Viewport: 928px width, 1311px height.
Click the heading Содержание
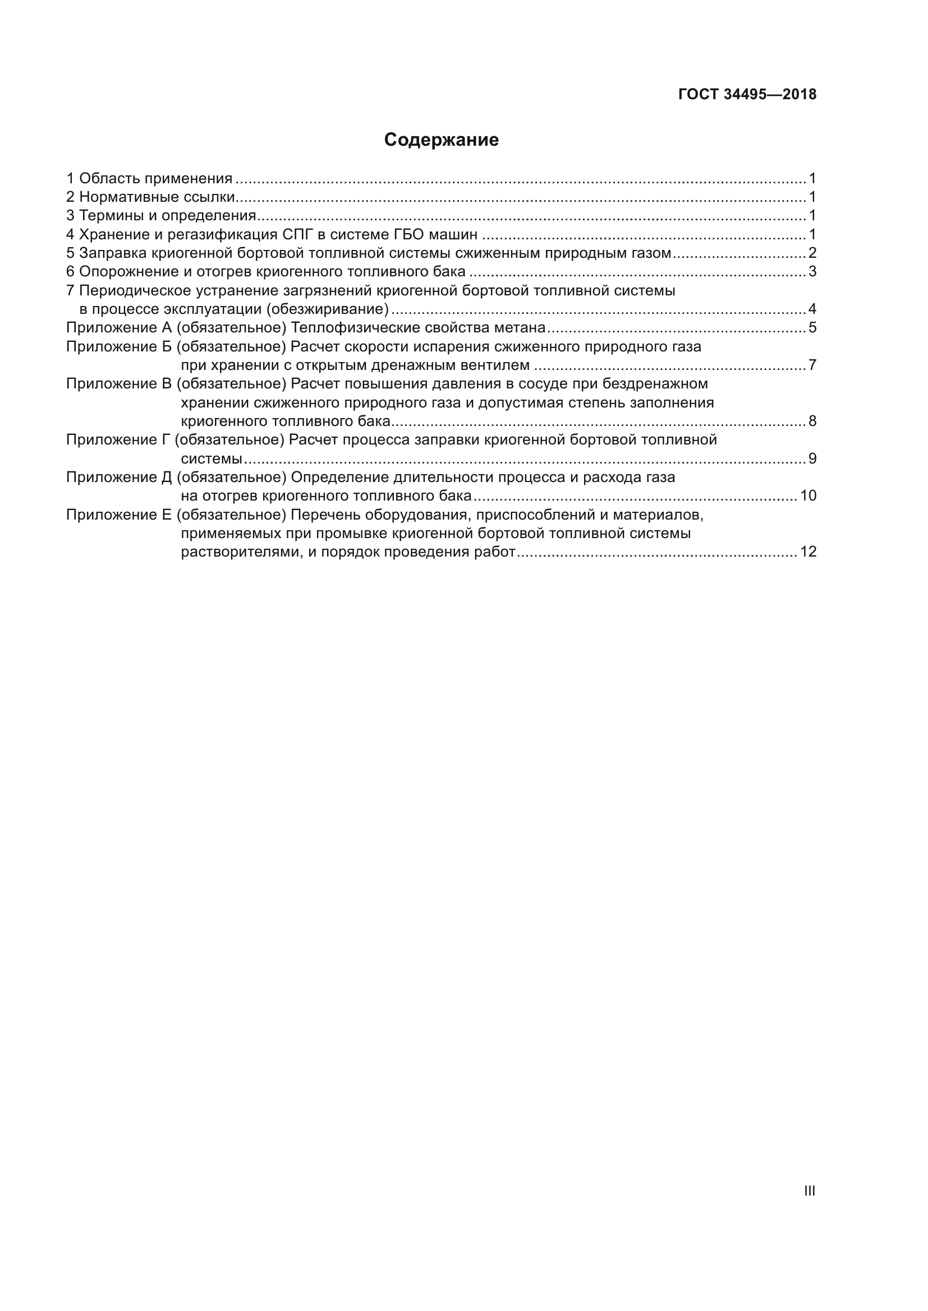point(441,140)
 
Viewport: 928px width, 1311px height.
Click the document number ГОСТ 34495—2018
point(747,95)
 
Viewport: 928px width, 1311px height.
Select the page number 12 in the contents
point(808,552)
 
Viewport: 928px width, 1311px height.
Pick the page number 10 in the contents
point(808,495)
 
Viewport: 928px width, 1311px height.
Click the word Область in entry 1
point(109,179)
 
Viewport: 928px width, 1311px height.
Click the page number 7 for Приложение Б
point(812,365)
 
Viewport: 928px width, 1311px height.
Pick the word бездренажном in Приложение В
point(655,384)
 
